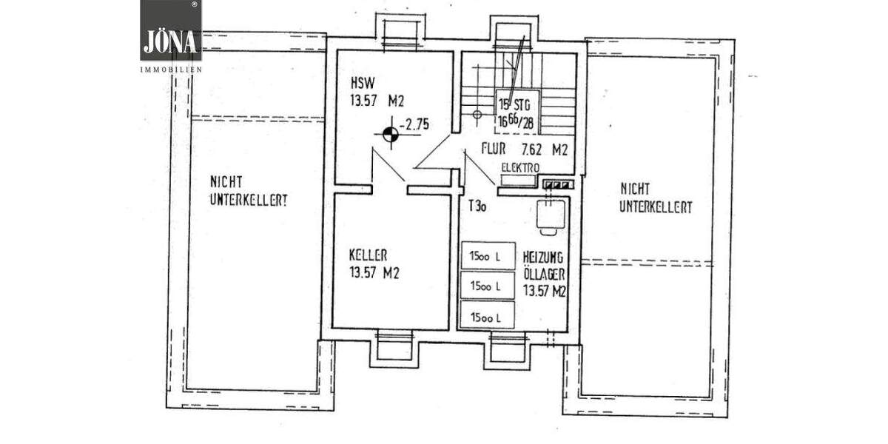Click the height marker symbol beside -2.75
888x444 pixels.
pyautogui.click(x=389, y=135)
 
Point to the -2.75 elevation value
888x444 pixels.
pyautogui.click(x=414, y=125)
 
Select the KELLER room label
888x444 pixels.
pyautogui.click(x=369, y=255)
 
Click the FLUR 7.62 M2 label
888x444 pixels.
pyautogui.click(x=524, y=149)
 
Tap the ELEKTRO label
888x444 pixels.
pyautogui.click(x=520, y=167)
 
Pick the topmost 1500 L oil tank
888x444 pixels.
pyautogui.click(x=488, y=257)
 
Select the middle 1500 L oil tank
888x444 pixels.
pyautogui.click(x=488, y=286)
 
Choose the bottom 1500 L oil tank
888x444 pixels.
pyautogui.click(x=488, y=317)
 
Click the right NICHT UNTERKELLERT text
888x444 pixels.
pyautogui.click(x=656, y=198)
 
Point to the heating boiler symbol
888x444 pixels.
pyautogui.click(x=551, y=215)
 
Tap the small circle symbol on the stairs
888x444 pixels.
pyautogui.click(x=477, y=115)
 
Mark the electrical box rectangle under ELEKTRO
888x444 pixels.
pyautogui.click(x=518, y=180)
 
